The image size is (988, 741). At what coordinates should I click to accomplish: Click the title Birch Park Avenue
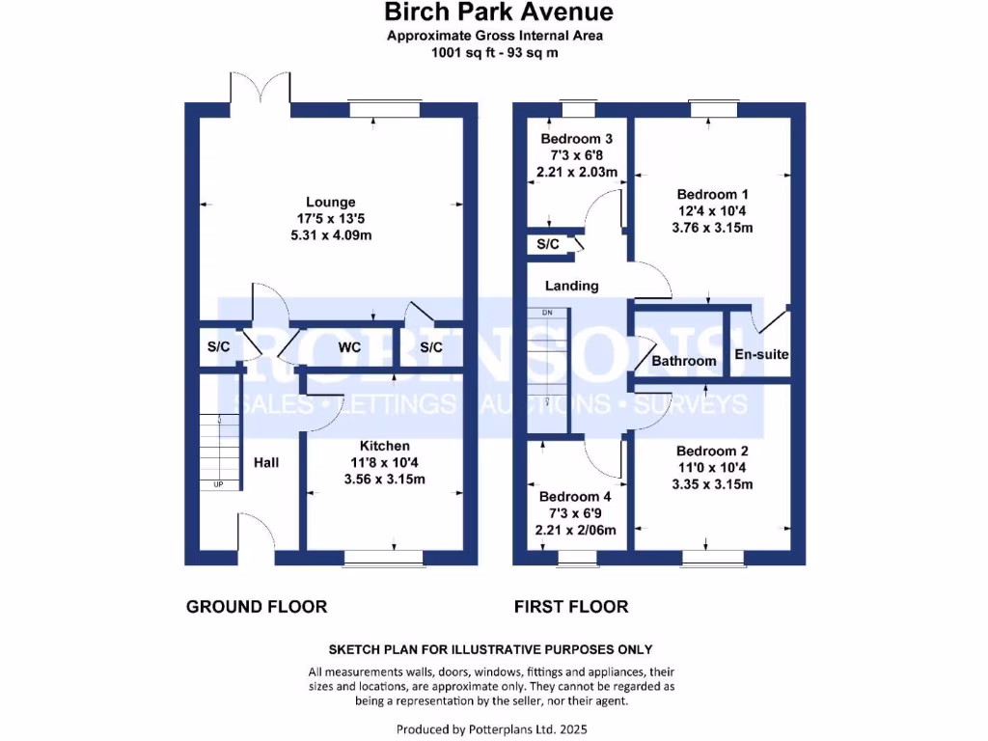point(498,13)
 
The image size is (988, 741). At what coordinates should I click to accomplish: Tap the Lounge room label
point(331,202)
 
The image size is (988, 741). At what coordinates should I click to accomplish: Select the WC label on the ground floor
point(349,347)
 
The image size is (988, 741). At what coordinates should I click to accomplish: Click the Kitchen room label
point(385,446)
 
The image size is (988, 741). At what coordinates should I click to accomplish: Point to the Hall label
point(266,463)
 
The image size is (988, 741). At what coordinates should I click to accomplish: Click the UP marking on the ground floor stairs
point(218,483)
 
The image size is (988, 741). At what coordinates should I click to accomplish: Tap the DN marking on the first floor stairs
point(547,314)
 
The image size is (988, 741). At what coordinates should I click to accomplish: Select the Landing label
point(572,286)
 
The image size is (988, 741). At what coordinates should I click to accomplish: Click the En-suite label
point(762,354)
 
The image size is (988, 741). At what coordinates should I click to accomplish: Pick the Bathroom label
point(684,361)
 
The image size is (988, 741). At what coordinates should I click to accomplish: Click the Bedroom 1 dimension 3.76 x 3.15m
point(712,228)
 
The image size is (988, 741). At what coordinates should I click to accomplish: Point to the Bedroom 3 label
point(577,139)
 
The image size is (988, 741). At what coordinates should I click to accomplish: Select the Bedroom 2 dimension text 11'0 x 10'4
point(712,468)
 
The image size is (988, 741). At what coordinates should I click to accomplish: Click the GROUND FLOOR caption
point(257,607)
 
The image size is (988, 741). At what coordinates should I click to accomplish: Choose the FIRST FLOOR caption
point(571,607)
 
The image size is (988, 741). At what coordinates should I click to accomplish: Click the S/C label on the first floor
point(548,245)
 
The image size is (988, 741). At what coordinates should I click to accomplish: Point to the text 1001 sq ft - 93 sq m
point(496,53)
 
